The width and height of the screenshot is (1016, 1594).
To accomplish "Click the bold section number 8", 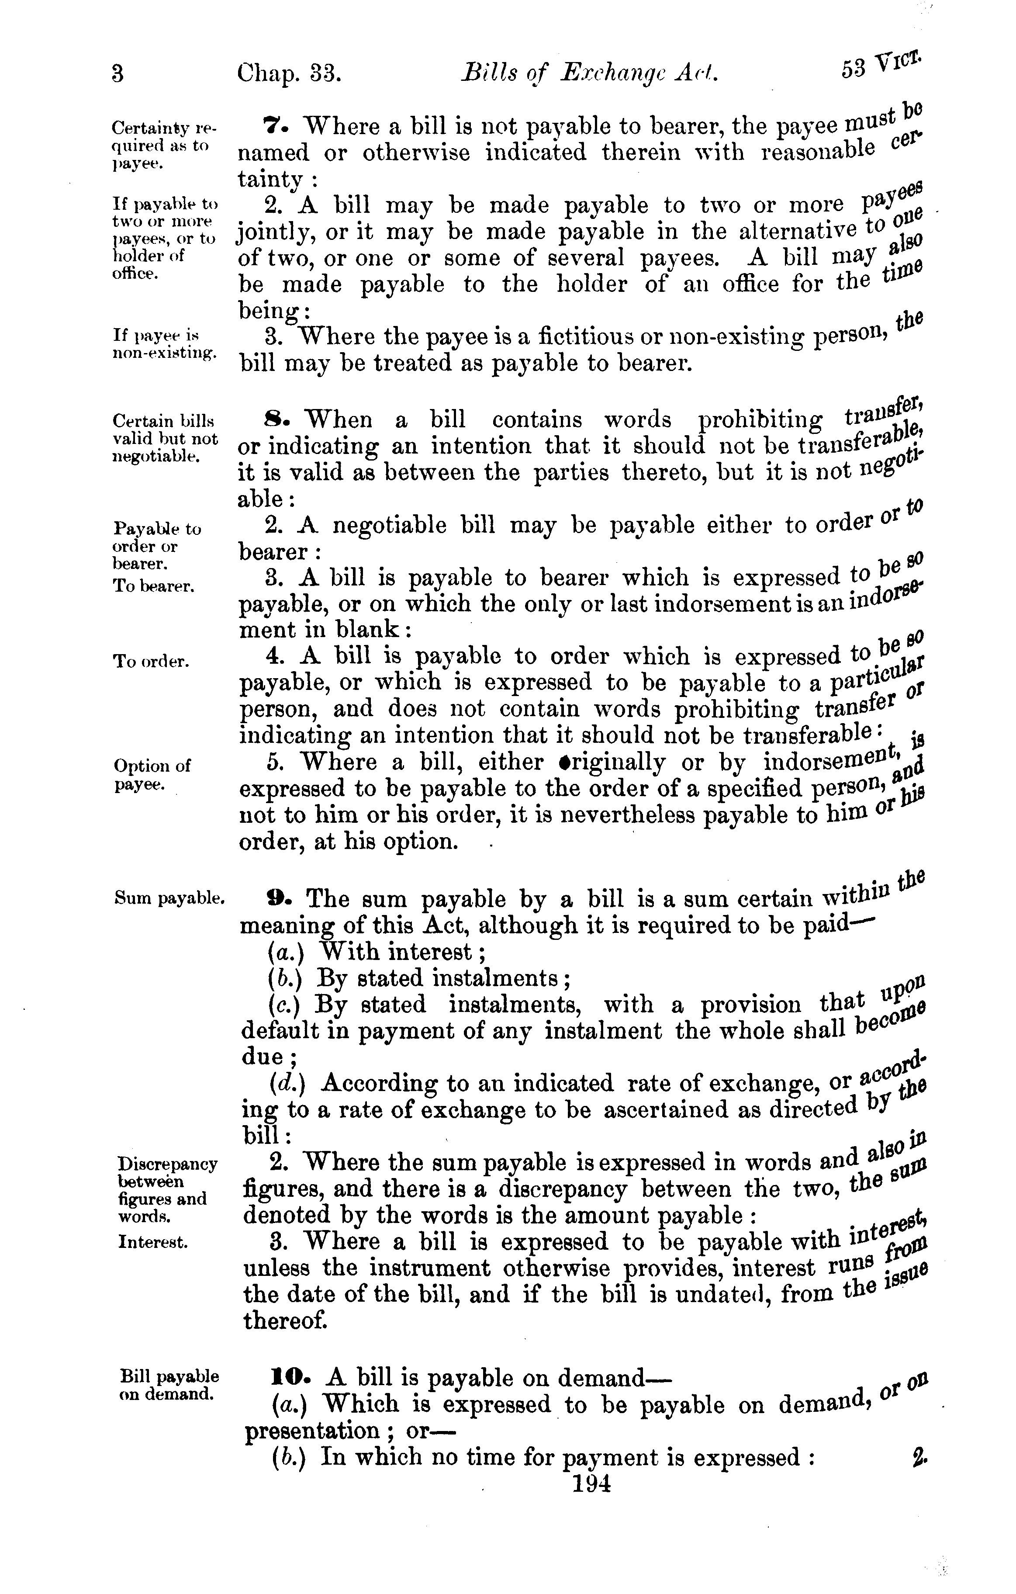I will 273,419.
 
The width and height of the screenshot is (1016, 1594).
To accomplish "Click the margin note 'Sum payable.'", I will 169,898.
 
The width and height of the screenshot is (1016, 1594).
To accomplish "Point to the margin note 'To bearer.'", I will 154,586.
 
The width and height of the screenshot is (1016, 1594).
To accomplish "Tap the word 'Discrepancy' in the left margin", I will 167,1164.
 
